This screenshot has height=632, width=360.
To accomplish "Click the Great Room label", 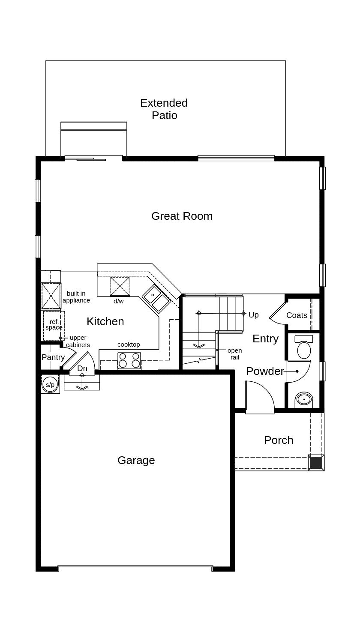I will pos(182,216).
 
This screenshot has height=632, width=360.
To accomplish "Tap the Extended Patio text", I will pos(164,109).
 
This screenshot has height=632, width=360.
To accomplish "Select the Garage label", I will pos(136,460).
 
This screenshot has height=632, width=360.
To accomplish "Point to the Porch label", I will pos(279,440).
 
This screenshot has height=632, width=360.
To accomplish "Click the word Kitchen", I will pos(105,321).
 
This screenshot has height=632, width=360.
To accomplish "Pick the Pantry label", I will pos(53,357).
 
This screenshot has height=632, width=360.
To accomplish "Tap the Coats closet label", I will pos(297,315).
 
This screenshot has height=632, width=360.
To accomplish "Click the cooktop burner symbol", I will pos(129,360).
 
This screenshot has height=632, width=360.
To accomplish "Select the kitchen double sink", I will pos(156,299).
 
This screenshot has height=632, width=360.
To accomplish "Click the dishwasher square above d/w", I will pos(120,287).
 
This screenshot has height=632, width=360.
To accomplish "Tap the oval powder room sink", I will pos(304,399).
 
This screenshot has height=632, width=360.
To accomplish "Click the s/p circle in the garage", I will pos(50,384).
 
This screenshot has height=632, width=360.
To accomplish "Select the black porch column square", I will pos(316,463).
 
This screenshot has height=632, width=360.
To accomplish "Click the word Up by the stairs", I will pos(254,315).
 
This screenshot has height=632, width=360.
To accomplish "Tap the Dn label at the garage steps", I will pos(82,368).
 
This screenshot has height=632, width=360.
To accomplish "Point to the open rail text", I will pos(234,354).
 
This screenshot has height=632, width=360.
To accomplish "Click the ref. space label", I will pos(54,325).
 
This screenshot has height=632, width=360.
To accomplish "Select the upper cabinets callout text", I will pos(78,341).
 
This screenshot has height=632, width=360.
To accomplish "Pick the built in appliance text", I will pos(76,297).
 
